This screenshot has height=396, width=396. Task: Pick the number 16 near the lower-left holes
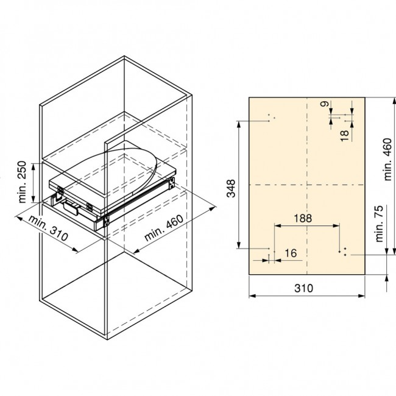point(290,253)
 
